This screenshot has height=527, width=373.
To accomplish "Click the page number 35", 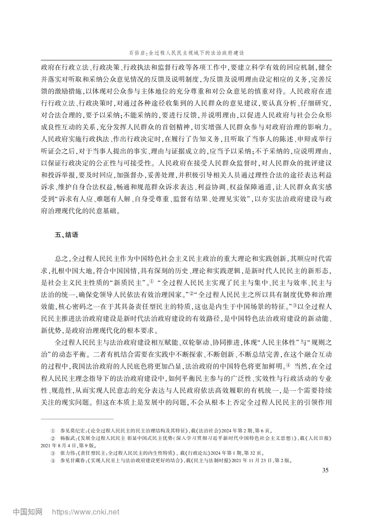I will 325,470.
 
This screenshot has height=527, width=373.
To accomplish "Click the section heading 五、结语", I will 67,235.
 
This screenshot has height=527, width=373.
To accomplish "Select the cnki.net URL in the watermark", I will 86,512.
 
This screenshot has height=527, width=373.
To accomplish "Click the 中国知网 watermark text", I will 28,512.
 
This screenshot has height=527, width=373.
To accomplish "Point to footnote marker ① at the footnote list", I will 53,431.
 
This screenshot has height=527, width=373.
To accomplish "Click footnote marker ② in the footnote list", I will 53,438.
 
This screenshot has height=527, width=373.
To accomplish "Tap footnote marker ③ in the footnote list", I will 53,453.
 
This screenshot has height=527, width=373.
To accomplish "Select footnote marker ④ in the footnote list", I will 53,461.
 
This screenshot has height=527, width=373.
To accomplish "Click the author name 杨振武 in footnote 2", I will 68,438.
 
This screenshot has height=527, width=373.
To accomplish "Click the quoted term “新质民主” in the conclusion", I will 128,283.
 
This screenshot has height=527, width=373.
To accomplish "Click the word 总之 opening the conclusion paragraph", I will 61,259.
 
